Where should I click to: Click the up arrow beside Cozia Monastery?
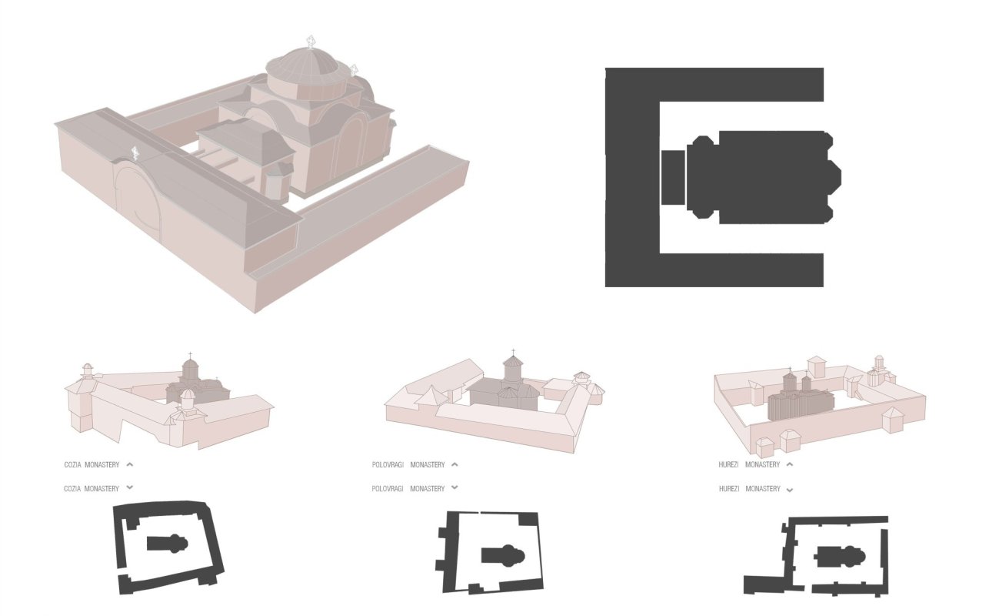(x=130, y=464)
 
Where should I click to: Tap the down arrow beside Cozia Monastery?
(x=129, y=487)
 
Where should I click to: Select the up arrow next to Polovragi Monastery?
(x=455, y=464)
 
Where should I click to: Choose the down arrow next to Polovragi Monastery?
(x=455, y=487)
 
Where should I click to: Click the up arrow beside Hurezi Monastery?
(x=790, y=464)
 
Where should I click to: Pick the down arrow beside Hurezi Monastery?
(x=790, y=490)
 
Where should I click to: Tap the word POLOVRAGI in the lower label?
(x=388, y=489)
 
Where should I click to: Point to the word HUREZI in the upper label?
(x=729, y=465)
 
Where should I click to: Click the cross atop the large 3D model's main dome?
(x=311, y=42)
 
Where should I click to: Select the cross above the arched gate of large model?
(x=135, y=153)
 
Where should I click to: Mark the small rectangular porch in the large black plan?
(x=673, y=177)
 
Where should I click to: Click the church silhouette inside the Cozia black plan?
(x=168, y=544)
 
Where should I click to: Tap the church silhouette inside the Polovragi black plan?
(x=502, y=555)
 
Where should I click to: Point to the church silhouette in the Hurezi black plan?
(x=839, y=556)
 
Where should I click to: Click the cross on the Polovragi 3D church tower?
(x=513, y=353)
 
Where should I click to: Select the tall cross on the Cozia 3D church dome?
(x=190, y=356)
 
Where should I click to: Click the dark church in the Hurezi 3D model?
(x=800, y=397)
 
